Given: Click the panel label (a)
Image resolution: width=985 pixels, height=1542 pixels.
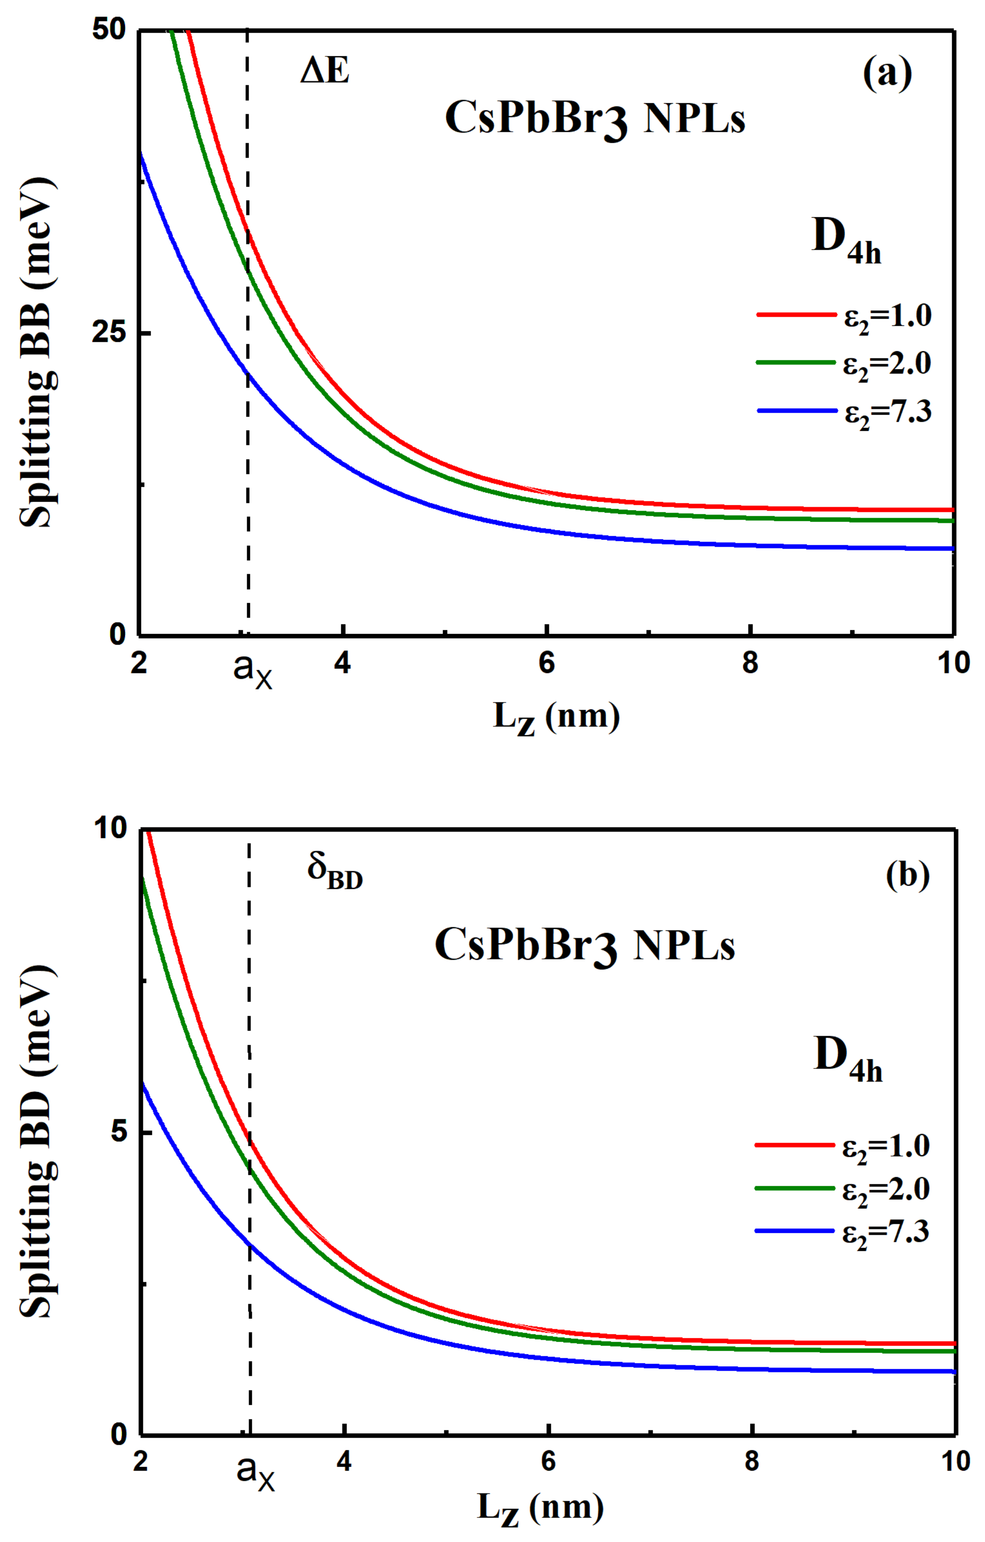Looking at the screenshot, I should click(x=887, y=74).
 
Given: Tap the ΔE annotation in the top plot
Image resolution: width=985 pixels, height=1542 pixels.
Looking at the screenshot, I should click(x=325, y=70).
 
